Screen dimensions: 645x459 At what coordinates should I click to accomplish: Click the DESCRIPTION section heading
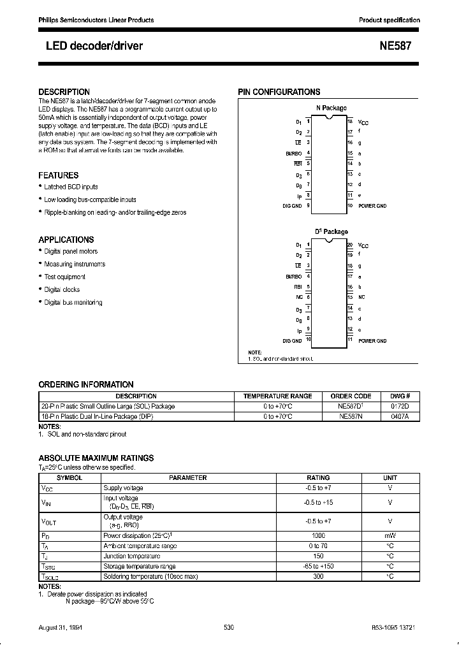click(64, 92)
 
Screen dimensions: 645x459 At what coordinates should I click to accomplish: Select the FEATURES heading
click(59, 175)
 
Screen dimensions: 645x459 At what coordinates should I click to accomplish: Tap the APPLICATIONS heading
click(66, 240)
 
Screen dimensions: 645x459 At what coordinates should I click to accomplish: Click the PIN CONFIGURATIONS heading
click(279, 92)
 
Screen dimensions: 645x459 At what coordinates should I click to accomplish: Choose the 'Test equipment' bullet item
click(64, 277)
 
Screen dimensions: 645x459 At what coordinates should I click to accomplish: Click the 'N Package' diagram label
click(331, 108)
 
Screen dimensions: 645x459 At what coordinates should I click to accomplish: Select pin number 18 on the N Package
click(350, 120)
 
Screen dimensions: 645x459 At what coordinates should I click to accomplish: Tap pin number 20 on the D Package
click(350, 245)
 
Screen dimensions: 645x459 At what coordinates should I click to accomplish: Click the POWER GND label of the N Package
click(372, 206)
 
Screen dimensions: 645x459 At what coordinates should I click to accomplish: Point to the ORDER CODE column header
click(350, 396)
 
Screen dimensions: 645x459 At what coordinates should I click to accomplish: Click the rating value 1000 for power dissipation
click(318, 535)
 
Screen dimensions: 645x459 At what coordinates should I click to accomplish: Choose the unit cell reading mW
click(390, 535)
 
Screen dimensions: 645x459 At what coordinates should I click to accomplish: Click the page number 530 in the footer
click(229, 627)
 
